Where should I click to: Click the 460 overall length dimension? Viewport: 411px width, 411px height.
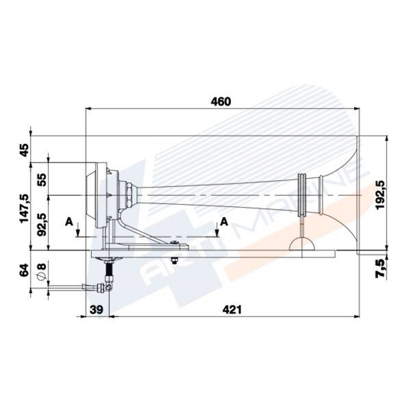tap(221, 101)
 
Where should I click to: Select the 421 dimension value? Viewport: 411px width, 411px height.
tap(233, 310)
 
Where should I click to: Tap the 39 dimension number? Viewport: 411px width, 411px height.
tap(97, 310)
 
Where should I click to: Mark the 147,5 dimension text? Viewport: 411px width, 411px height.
tap(24, 208)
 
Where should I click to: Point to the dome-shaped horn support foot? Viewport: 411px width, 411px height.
tap(302, 242)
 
